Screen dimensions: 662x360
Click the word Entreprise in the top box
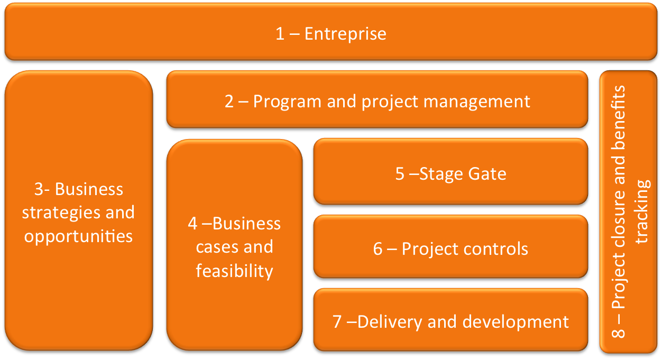pyautogui.click(x=345, y=34)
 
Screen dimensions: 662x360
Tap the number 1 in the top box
pyautogui.click(x=280, y=34)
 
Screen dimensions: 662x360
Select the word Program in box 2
pyautogui.click(x=287, y=102)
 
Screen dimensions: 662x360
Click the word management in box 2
pyautogui.click(x=477, y=102)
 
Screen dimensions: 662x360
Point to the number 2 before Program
pyautogui.click(x=229, y=101)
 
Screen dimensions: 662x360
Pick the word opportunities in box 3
pyautogui.click(x=78, y=236)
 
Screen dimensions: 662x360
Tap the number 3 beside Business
pyautogui.click(x=39, y=189)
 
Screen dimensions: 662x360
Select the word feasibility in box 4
pyautogui.click(x=234, y=271)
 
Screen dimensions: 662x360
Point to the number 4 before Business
pyautogui.click(x=192, y=224)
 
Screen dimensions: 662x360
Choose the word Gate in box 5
pyautogui.click(x=488, y=174)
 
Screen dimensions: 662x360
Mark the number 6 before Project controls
pyautogui.click(x=378, y=249)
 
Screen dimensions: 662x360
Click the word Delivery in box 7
pyautogui.click(x=390, y=322)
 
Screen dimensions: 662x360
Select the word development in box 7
pyautogui.click(x=516, y=322)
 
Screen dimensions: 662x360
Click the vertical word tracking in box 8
pyautogui.click(x=642, y=211)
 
